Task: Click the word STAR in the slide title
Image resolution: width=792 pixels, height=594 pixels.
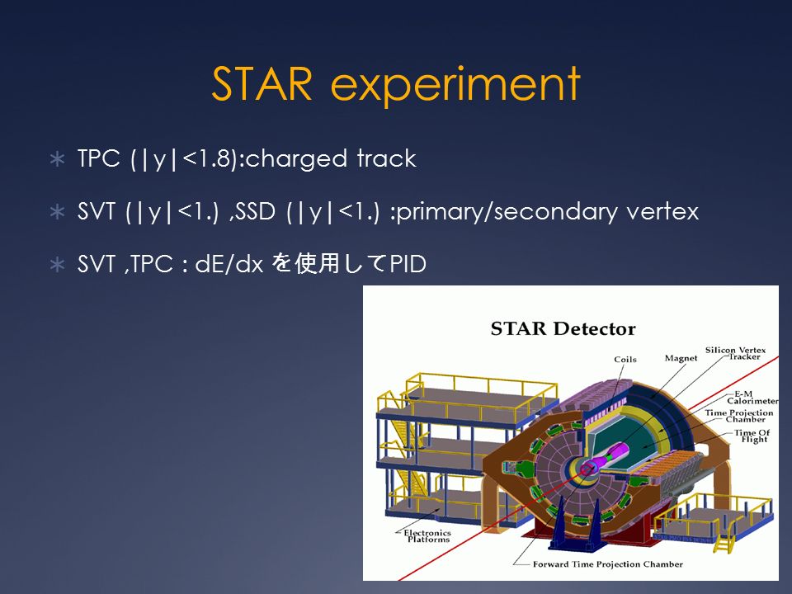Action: (x=262, y=84)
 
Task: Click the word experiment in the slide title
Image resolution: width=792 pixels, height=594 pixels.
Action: (x=455, y=86)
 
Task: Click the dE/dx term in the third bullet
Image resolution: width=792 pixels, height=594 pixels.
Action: (x=229, y=264)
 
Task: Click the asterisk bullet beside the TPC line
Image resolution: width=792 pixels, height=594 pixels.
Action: (x=58, y=159)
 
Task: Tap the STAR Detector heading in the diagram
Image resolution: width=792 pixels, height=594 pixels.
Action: (x=563, y=329)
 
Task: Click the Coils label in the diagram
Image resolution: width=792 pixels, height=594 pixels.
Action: (x=625, y=359)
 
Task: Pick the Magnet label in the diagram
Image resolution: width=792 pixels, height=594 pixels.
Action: (x=681, y=358)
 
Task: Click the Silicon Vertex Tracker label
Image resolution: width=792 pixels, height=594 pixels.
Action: (x=735, y=353)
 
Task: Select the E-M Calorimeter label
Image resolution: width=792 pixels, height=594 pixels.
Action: (x=752, y=398)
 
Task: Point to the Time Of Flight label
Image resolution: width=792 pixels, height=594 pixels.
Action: (x=752, y=436)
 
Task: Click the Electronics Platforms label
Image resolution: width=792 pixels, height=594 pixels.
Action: (x=427, y=536)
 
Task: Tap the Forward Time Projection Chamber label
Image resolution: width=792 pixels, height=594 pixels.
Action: (x=608, y=564)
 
